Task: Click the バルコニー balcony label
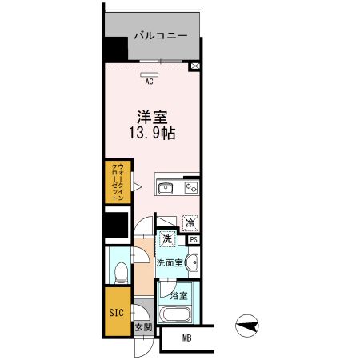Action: [161, 37]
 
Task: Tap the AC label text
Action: [150, 82]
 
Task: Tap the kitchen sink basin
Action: [166, 188]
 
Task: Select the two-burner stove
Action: [191, 188]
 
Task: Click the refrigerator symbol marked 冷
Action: [191, 223]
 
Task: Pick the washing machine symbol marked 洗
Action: [168, 239]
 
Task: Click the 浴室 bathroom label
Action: [179, 295]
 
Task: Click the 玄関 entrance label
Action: [142, 327]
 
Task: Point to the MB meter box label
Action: [186, 338]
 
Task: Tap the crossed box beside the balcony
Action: [196, 67]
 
